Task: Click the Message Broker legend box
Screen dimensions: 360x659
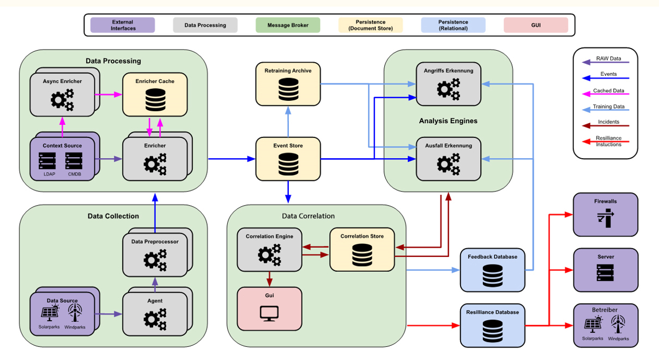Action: (x=288, y=25)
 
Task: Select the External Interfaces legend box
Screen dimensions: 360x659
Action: (x=123, y=25)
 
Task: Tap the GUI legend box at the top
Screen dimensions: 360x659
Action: (x=536, y=25)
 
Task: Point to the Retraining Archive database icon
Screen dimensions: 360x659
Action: (x=288, y=89)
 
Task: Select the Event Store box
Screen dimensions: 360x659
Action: (x=288, y=159)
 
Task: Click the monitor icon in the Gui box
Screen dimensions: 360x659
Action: (x=269, y=314)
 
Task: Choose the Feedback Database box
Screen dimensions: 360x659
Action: (x=492, y=270)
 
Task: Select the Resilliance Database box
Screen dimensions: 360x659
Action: (x=492, y=326)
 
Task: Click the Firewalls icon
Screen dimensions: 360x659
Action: (x=605, y=220)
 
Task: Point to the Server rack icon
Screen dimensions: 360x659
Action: (x=605, y=273)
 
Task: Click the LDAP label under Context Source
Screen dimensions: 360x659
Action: (x=49, y=174)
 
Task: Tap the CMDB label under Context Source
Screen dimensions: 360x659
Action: (x=75, y=174)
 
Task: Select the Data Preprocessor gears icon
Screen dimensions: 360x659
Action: (x=155, y=260)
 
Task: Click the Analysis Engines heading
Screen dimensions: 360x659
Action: (x=448, y=121)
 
